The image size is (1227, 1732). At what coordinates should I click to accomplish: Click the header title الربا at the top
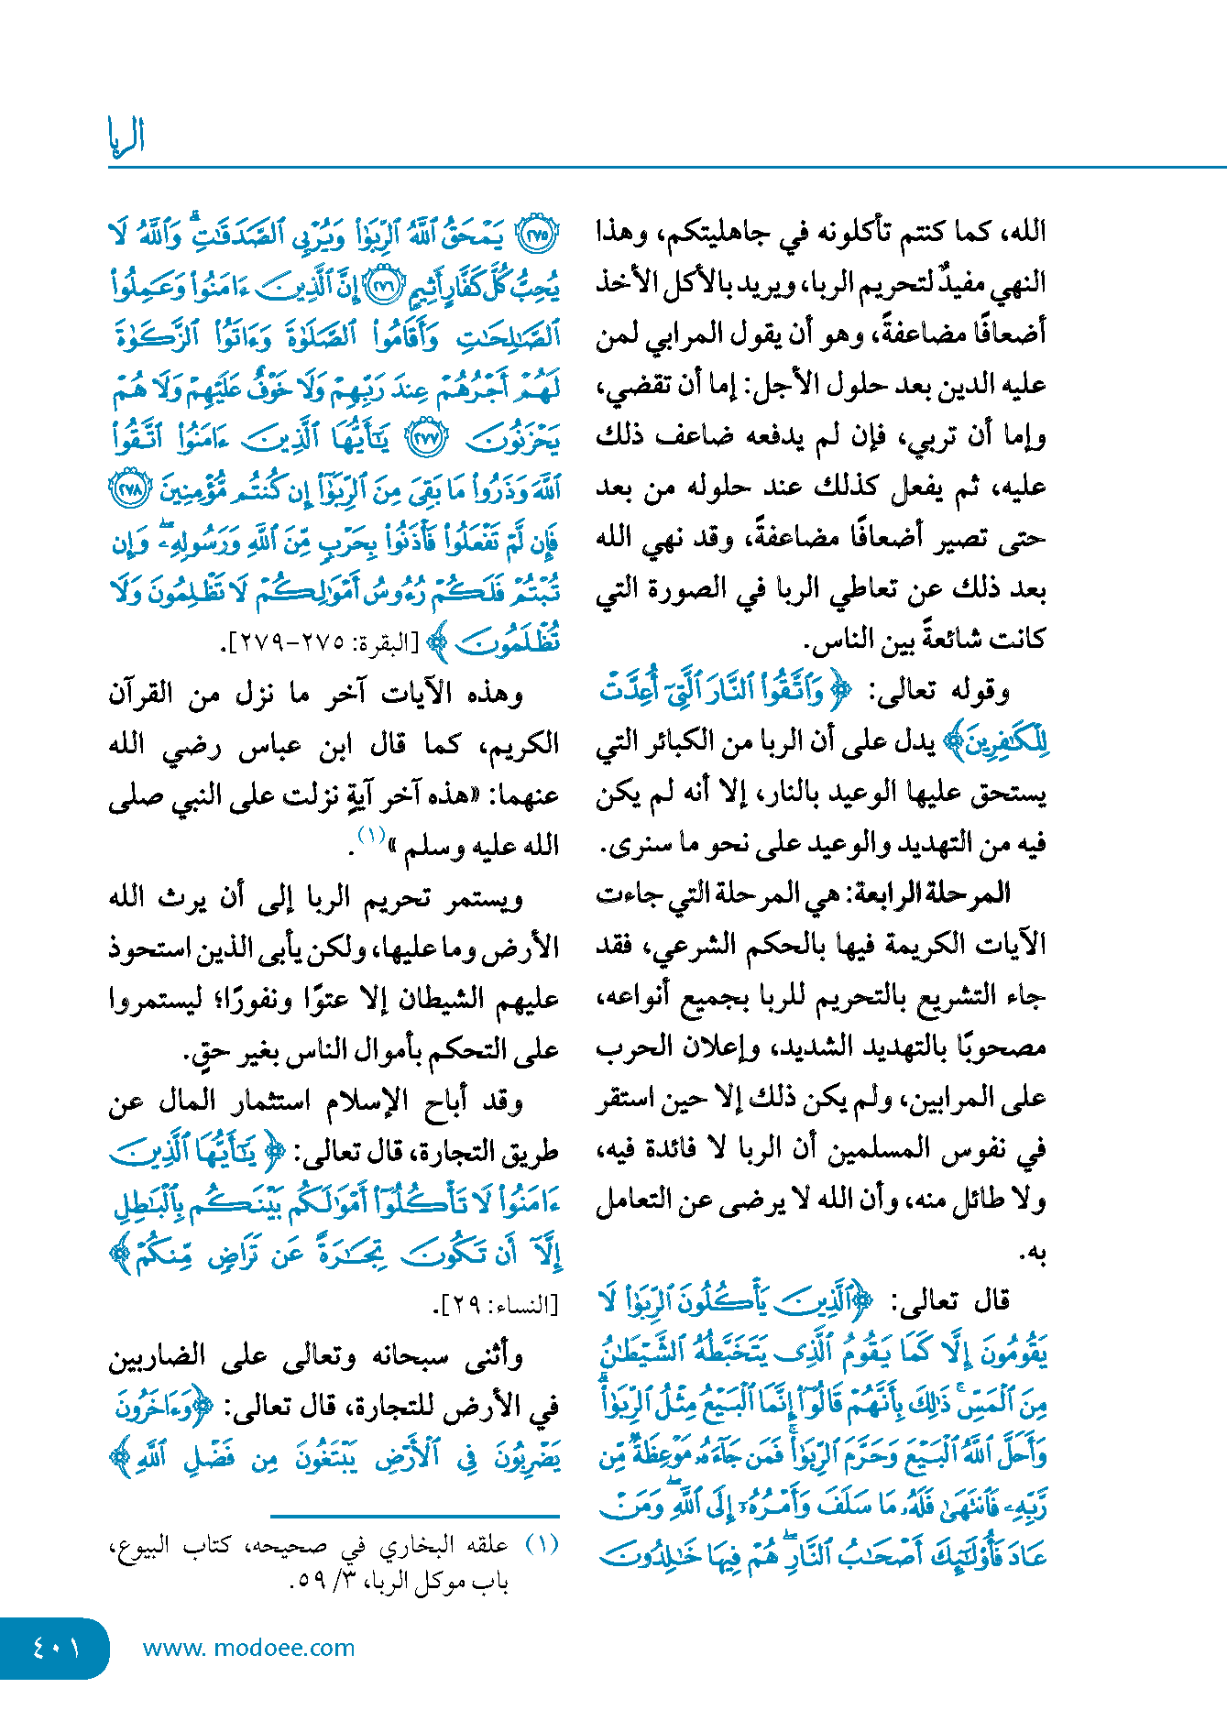126,137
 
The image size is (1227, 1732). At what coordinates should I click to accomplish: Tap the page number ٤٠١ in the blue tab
56,1650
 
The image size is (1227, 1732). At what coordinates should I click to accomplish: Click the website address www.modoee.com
248,1649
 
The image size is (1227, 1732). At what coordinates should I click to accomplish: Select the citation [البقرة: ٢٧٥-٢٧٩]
322,643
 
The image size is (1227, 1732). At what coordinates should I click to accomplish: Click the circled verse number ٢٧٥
536,236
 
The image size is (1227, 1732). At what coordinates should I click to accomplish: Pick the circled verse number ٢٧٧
425,439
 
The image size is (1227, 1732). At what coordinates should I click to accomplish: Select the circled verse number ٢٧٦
379,287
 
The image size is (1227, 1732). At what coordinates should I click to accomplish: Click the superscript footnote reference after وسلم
370,834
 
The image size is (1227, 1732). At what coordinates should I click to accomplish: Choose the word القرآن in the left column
141,695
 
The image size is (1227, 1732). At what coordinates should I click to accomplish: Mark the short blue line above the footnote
414,1517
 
